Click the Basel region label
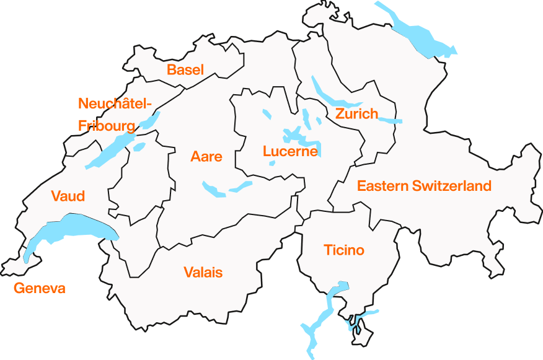click(185, 70)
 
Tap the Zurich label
click(356, 114)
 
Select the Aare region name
click(206, 157)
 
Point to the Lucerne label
click(290, 151)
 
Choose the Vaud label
click(68, 196)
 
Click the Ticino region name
click(344, 250)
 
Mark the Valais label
click(203, 272)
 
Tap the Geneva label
click(39, 288)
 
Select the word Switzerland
click(452, 186)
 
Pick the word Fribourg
click(107, 126)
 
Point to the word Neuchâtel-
click(115, 103)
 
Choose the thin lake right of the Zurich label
click(391, 120)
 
